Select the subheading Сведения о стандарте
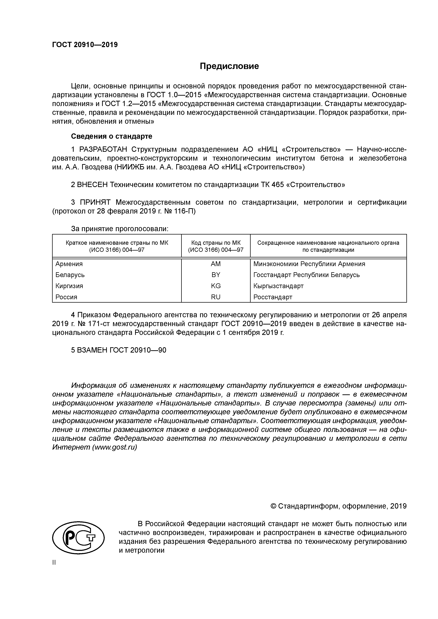point(111,136)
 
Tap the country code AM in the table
point(216,264)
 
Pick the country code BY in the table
point(216,275)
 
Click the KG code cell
point(216,286)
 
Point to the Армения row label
point(69,264)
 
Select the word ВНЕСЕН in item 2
point(92,185)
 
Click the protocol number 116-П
point(185,211)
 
